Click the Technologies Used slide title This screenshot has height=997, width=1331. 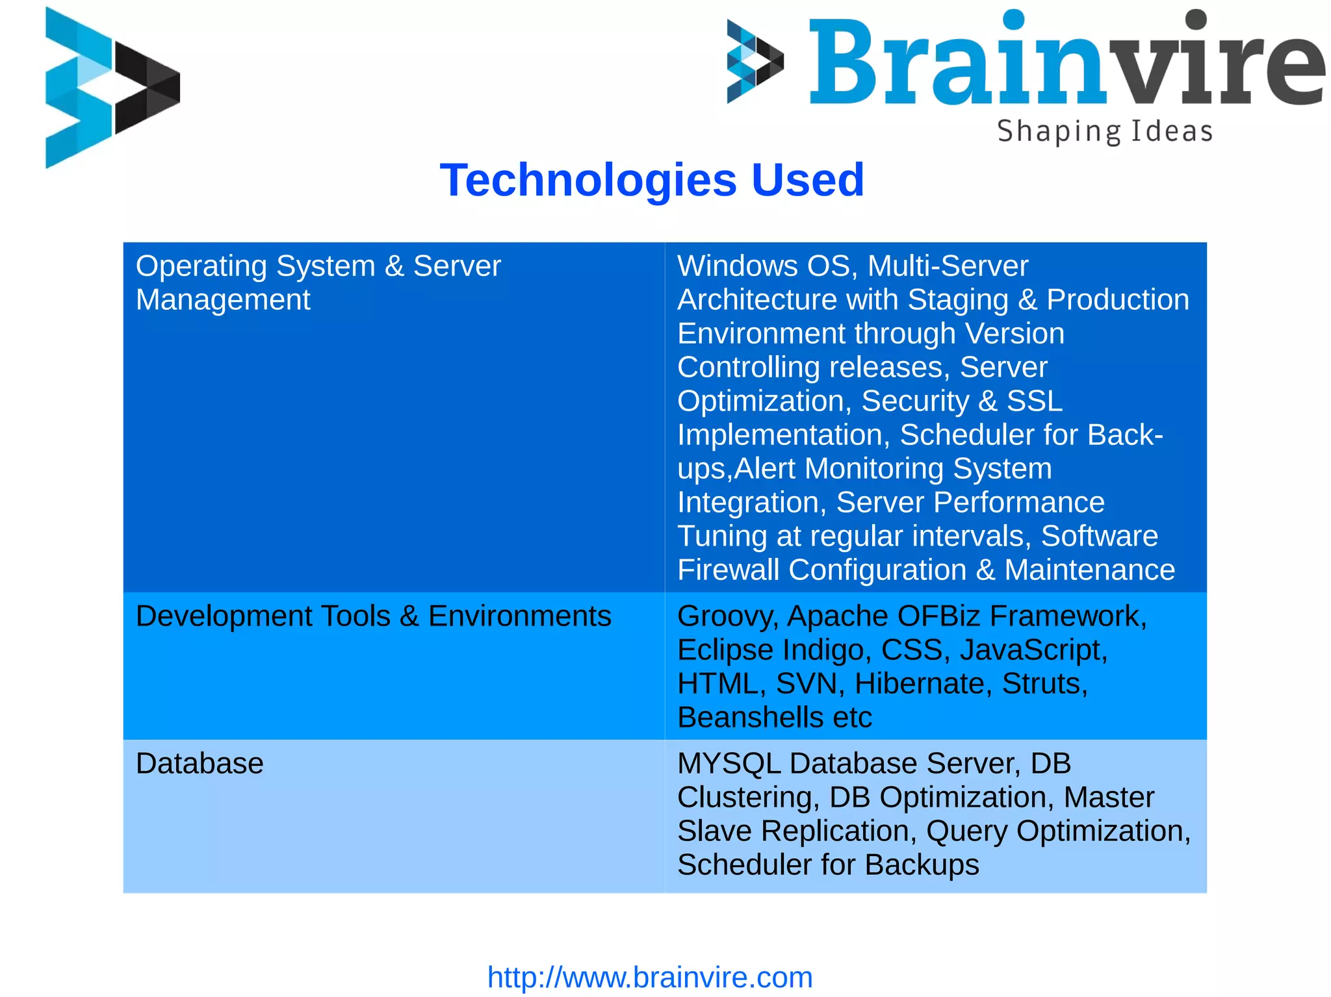coord(652,180)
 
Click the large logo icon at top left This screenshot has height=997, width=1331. coord(112,88)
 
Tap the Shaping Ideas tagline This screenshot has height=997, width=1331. coord(1104,131)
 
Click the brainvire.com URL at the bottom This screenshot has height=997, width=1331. coord(650,977)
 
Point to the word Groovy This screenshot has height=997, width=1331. coord(727,616)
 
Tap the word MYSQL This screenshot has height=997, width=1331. coord(729,763)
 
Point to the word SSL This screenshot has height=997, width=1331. coord(1034,401)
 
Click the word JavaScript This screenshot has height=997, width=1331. coord(1033,650)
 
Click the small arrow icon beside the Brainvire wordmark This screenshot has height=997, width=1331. coord(755,61)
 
